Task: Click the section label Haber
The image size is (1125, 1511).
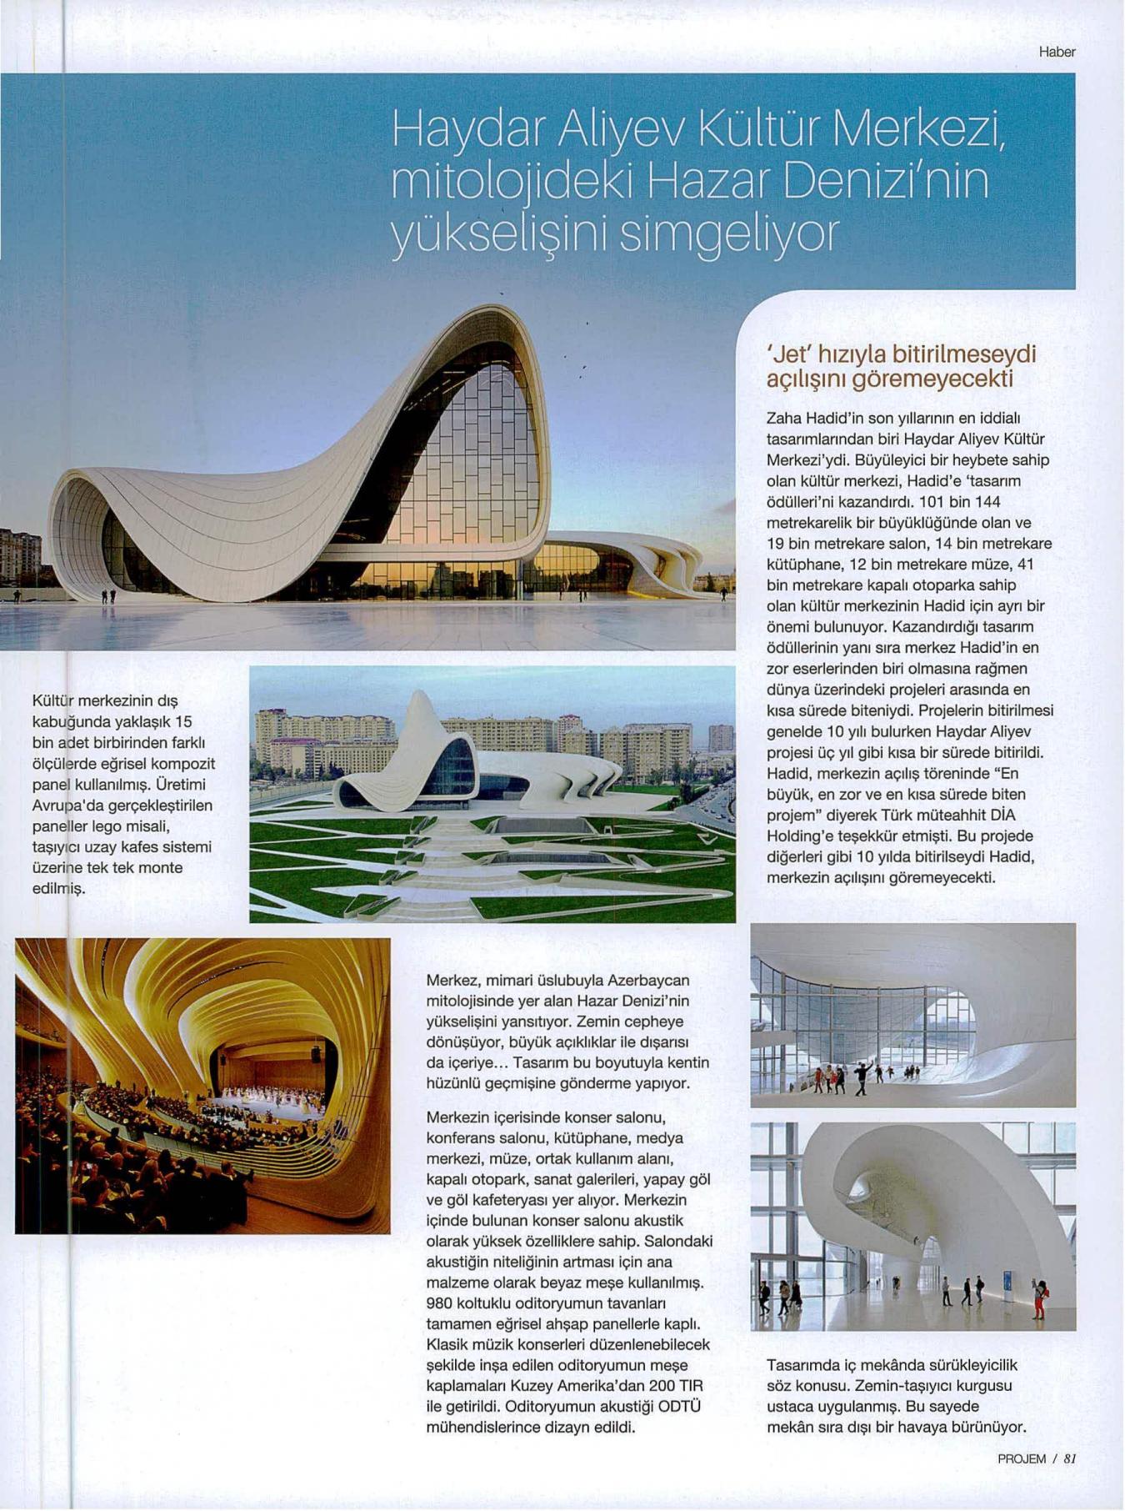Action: (1057, 52)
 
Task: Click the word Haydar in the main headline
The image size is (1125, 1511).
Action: (463, 131)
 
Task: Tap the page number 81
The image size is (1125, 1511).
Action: (1071, 1482)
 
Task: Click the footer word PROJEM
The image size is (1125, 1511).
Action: (1022, 1482)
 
